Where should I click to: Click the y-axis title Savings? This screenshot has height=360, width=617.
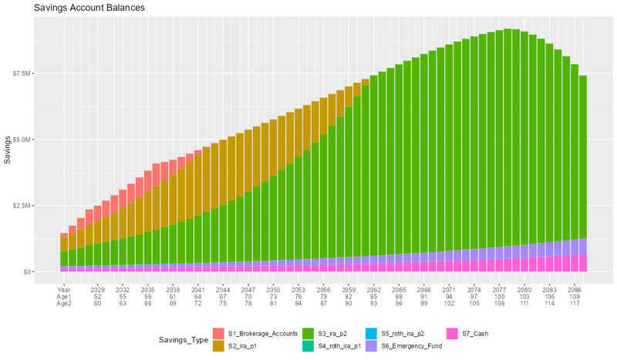[x=8, y=146]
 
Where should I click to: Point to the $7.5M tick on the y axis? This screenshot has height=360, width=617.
[x=43, y=73]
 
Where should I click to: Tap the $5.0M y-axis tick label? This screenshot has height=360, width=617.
[x=43, y=140]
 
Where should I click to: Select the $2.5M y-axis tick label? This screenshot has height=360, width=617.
[x=43, y=206]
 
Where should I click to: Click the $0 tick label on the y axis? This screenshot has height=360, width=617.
[x=49, y=272]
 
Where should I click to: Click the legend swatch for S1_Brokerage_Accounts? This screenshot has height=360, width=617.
[x=219, y=334]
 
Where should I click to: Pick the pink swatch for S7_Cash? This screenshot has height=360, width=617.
[x=454, y=334]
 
